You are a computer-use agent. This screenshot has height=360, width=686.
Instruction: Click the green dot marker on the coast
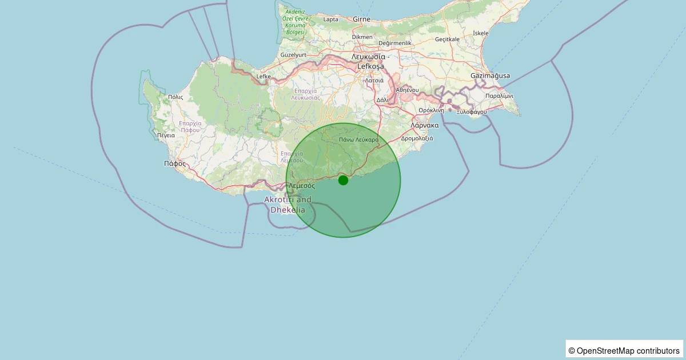coord(343,180)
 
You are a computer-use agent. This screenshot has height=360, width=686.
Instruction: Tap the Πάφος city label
coord(175,163)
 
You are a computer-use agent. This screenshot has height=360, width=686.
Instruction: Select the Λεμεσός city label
coord(302,186)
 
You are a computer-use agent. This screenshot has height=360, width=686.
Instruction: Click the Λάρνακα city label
coord(424,125)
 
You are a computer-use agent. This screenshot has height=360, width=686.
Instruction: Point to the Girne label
coord(362,19)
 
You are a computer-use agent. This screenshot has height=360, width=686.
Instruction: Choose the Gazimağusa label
coord(490,76)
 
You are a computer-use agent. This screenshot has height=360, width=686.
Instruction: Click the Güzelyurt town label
coord(294,55)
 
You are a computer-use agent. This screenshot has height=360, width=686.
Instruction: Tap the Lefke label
coord(264,76)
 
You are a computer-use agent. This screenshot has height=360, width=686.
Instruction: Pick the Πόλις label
coord(176,97)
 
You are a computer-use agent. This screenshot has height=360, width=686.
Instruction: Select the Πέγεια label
coord(166,136)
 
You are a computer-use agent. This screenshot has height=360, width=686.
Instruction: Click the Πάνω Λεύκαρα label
coord(358,139)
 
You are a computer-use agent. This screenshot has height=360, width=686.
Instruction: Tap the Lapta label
coord(331,19)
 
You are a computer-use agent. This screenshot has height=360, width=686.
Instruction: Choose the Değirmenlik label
coord(395,43)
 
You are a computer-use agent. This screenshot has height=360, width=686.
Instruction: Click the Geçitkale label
coord(447,39)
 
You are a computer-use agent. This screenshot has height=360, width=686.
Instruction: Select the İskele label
coord(481,33)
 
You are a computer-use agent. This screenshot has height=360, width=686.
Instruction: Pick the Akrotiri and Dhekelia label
coord(288,205)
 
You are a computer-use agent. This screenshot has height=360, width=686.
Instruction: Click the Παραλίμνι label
coord(499,96)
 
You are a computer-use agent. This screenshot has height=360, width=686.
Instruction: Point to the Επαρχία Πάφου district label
coord(190,126)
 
